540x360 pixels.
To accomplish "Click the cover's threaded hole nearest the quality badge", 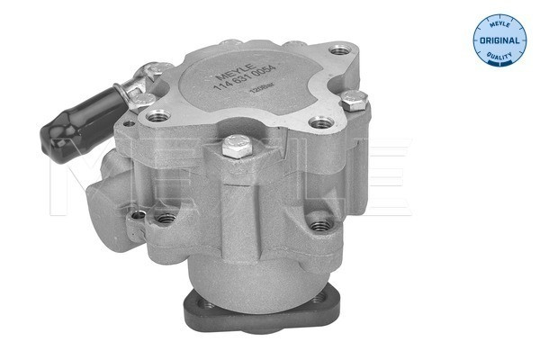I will pyautogui.click(x=337, y=50).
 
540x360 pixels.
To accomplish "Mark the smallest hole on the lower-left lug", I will pyautogui.click(x=137, y=215).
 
